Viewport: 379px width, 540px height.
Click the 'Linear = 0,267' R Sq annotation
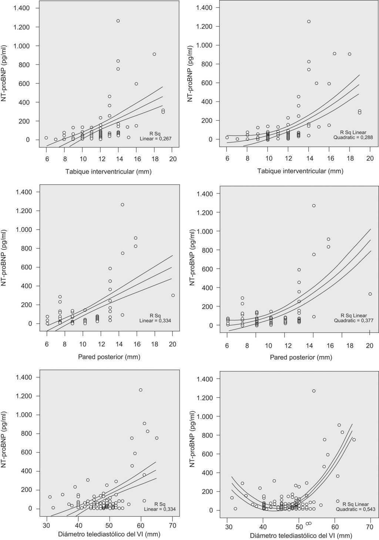point(155,139)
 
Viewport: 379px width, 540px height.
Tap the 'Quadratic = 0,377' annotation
point(353,321)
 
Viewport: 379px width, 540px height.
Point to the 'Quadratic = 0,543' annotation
point(355,509)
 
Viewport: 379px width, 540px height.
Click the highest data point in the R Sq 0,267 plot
point(118,21)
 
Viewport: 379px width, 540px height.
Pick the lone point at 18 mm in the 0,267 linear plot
point(154,54)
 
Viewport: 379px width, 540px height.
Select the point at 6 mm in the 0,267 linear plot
point(46,138)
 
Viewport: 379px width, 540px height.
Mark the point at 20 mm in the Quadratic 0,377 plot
point(370,294)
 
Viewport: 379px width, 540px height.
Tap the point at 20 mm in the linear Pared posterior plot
point(173,295)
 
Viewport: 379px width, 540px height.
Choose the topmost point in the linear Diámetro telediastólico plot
point(141,390)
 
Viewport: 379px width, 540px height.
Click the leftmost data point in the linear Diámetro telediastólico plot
point(50,497)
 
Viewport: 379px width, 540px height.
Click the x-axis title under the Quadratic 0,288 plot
point(300,171)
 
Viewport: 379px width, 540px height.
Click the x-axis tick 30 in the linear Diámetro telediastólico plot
point(47,525)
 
